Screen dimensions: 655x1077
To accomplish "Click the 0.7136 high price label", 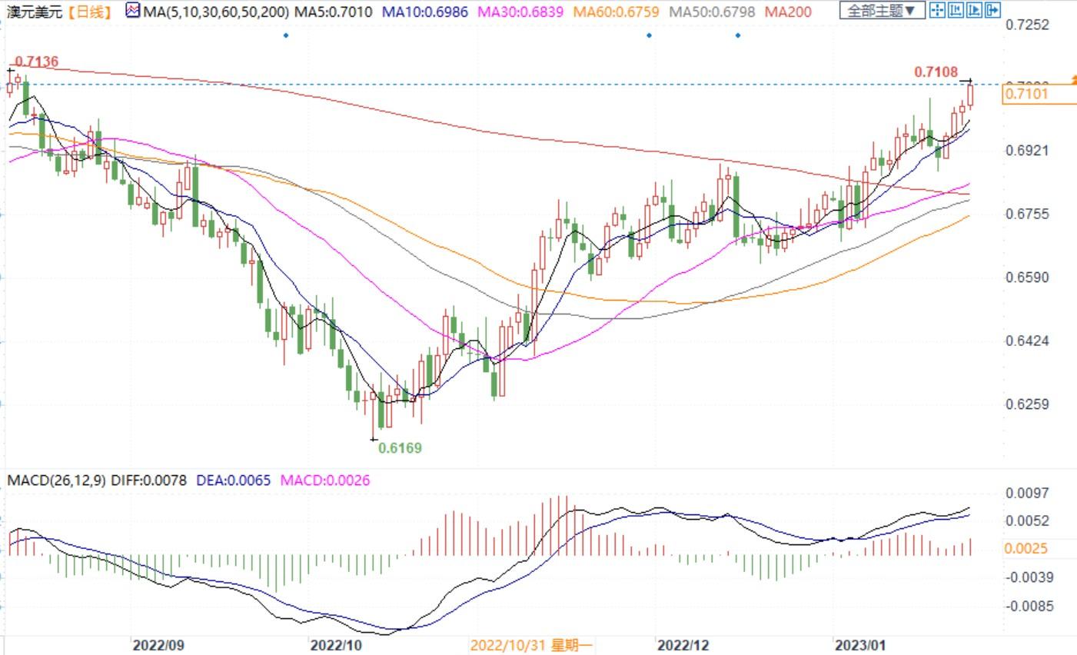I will coord(36,62).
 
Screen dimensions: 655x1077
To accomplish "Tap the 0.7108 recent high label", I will coord(936,72).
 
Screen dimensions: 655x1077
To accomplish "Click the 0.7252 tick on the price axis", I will coord(1027,25).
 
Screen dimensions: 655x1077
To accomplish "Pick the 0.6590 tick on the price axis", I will coord(1027,277).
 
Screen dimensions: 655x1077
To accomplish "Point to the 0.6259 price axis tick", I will coord(1027,404).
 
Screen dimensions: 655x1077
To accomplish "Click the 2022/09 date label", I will coord(158,644).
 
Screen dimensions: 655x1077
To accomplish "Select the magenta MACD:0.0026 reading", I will coord(324,480).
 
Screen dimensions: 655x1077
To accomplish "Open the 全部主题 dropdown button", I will coord(881,11).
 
